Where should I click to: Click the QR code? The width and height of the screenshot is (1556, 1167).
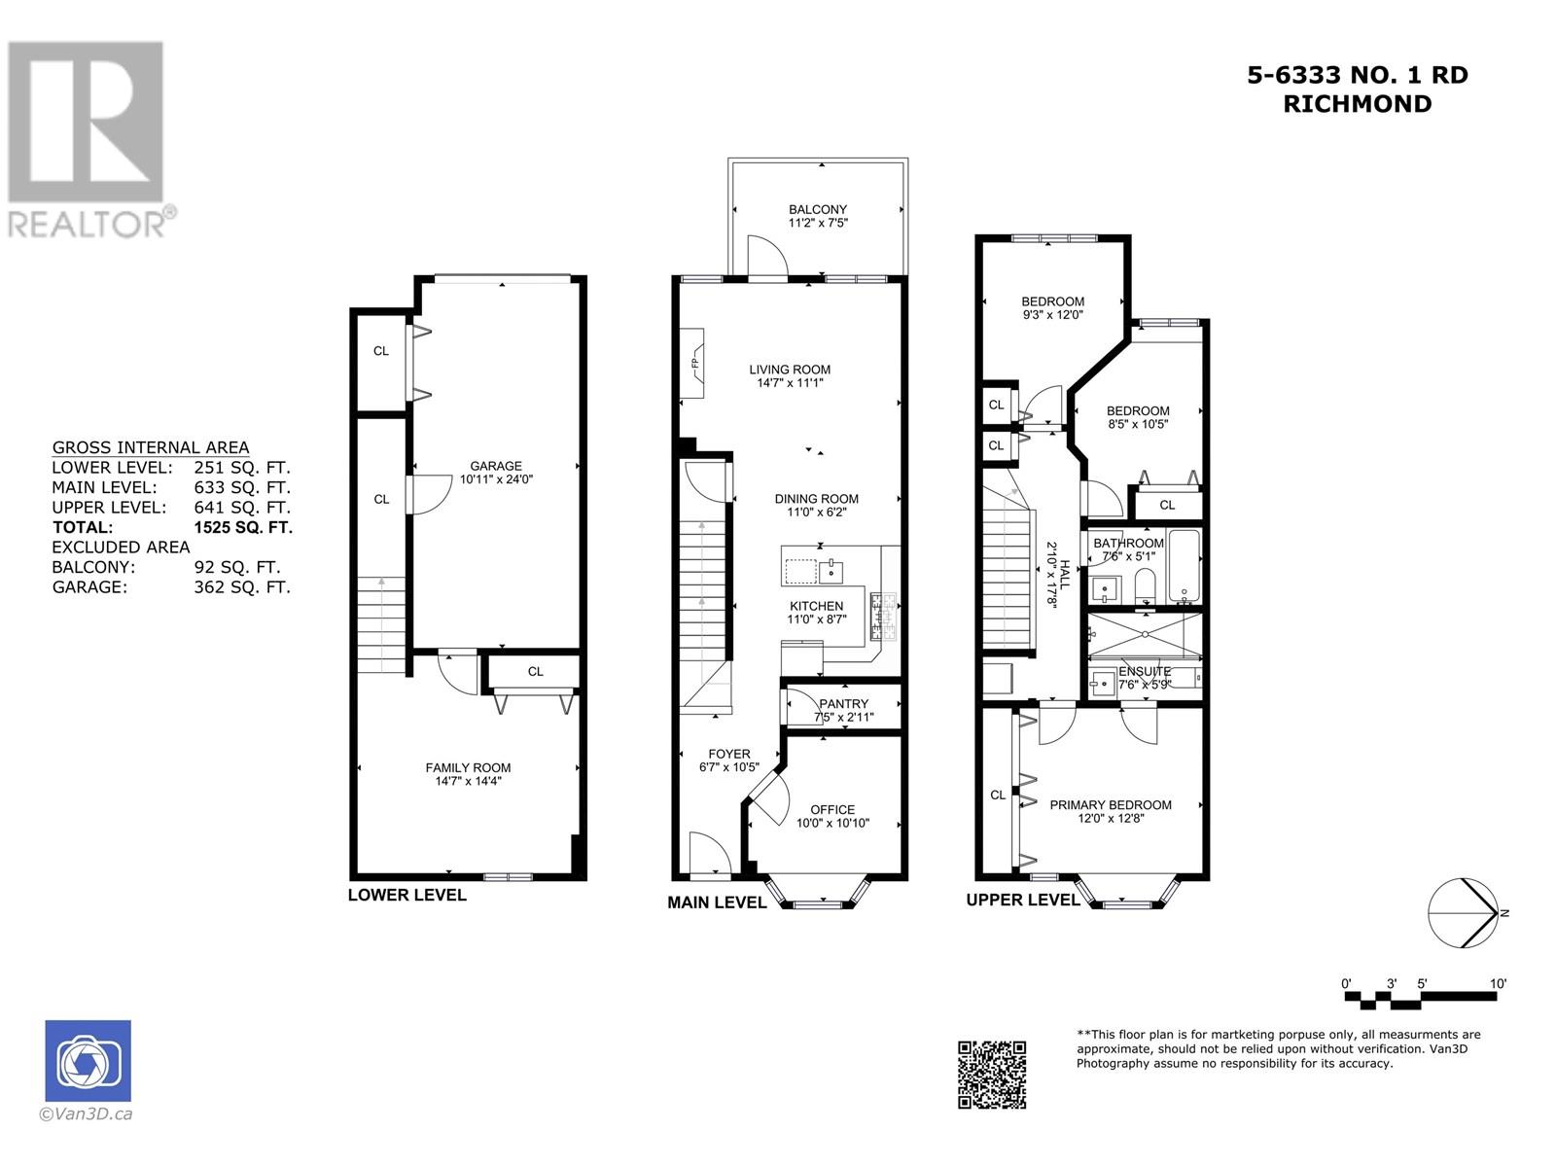tap(992, 1075)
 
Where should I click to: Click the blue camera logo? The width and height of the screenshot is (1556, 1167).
tap(88, 1061)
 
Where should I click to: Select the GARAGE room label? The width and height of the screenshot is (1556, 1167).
tap(496, 466)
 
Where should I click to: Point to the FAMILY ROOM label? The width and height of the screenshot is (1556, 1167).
tap(468, 767)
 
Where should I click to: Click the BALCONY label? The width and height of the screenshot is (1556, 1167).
tap(818, 209)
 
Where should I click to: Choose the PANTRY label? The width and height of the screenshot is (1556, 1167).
tap(843, 703)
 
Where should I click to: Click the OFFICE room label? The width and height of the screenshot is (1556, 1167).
tap(832, 809)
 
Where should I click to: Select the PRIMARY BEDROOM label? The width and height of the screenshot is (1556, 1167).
tap(1111, 805)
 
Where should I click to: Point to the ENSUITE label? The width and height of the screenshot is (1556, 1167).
tap(1144, 671)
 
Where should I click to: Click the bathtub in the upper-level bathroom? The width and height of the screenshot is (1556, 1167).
tap(1184, 567)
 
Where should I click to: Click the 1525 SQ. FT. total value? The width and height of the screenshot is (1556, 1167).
tap(243, 527)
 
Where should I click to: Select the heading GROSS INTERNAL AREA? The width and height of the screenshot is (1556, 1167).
tap(151, 447)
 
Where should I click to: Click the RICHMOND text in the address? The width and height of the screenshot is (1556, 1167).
tap(1358, 104)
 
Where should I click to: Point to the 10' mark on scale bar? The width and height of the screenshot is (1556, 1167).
tap(1497, 983)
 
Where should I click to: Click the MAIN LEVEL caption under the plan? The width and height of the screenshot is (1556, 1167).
tap(717, 902)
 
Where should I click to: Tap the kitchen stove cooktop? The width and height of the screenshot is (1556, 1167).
tap(884, 618)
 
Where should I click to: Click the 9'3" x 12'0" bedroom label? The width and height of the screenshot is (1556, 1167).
tap(1052, 314)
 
